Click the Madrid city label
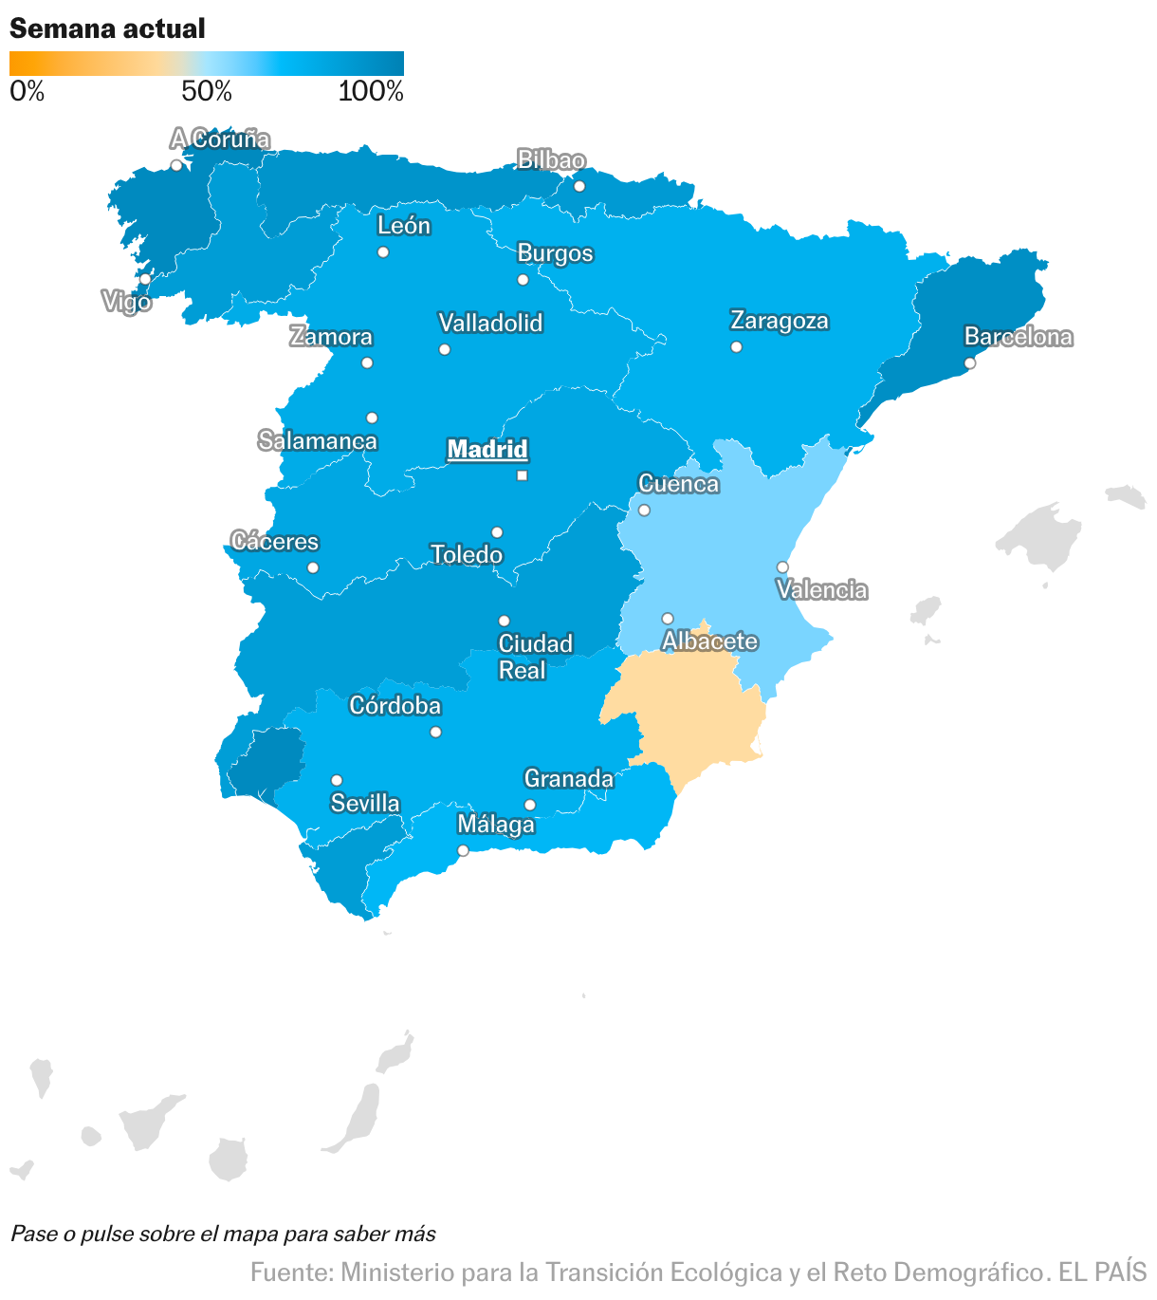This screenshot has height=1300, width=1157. [487, 449]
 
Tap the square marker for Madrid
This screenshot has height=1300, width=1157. [522, 475]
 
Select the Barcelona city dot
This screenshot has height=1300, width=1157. [969, 362]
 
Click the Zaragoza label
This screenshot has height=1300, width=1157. [779, 321]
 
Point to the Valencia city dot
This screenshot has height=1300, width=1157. [782, 567]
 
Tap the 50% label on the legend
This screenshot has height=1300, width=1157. [207, 92]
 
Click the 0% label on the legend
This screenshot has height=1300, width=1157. [27, 92]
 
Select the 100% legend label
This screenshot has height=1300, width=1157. [371, 92]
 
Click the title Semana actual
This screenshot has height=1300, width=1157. [107, 28]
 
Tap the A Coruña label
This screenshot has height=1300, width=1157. [220, 139]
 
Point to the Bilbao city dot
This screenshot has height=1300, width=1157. [579, 186]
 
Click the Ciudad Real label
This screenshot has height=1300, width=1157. [535, 657]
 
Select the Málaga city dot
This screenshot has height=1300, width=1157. [463, 850]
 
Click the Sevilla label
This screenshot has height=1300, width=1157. [365, 804]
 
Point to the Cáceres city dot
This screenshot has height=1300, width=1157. [313, 567]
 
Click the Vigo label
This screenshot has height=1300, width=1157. [126, 303]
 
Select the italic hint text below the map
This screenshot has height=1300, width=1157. [223, 1234]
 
